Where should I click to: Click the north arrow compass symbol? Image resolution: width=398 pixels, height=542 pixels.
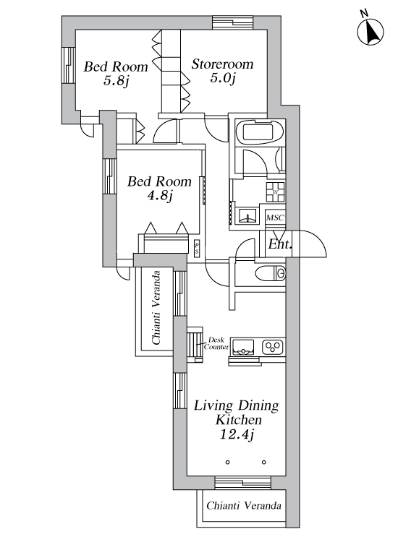[370, 30]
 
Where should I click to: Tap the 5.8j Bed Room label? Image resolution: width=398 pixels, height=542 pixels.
[116, 73]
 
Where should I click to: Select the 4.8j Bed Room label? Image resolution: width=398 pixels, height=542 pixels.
[159, 189]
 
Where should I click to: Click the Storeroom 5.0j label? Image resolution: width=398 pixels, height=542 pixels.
[223, 72]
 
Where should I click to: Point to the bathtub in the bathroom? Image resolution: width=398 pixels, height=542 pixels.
[259, 132]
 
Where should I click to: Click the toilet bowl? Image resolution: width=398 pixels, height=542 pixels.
[271, 273]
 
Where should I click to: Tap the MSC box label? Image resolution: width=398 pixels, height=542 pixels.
[275, 218]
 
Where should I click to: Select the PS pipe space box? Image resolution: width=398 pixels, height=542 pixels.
[197, 248]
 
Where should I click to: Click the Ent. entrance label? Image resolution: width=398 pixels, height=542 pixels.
[280, 244]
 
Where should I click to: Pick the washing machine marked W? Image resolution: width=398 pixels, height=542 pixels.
[275, 192]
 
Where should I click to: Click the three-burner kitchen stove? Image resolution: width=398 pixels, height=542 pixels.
[273, 347]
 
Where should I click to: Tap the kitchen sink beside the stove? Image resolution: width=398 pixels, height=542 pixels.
[243, 347]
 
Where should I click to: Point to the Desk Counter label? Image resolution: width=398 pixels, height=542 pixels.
[216, 343]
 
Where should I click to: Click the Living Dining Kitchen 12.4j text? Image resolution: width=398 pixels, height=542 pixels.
[237, 420]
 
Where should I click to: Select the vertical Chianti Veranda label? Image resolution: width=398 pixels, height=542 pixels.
[156, 307]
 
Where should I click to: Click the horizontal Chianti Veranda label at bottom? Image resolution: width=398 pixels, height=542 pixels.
[244, 506]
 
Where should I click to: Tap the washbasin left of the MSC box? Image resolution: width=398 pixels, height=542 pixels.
[247, 215]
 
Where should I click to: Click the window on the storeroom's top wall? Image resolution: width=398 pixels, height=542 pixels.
[233, 23]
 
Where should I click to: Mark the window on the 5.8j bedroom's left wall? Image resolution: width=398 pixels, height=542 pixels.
[69, 65]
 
